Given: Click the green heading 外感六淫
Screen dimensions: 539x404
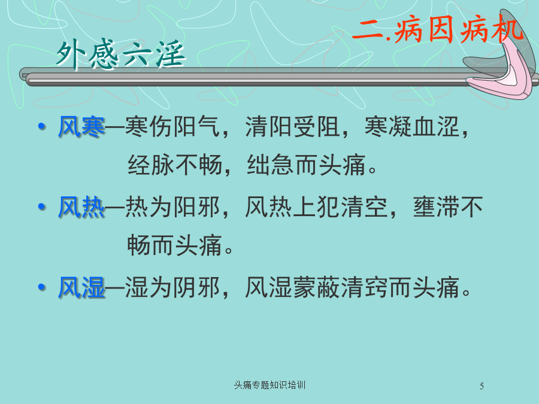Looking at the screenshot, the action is pos(120,54).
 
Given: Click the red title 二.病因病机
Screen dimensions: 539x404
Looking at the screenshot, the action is pos(437,31).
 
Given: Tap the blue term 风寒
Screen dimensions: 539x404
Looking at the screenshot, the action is pos(81,126).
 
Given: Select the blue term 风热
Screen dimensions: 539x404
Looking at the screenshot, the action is pos(81,207).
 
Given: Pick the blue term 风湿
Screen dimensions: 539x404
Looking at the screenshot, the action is pos(81,287).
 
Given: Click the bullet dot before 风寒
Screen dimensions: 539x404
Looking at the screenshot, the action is pos(42,126).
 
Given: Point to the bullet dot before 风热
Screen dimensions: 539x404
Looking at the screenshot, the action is pos(42,207).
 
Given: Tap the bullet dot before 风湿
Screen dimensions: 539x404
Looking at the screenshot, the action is pos(42,287).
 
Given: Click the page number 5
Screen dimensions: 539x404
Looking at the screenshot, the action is pos(482,386).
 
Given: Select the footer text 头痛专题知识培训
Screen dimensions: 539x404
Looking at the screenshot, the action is pos(269,385).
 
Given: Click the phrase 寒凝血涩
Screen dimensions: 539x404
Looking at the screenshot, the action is pos(412,126).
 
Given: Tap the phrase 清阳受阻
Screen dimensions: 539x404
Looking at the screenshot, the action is pos(292,126).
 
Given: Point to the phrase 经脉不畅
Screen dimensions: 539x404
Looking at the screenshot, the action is pos(175,165).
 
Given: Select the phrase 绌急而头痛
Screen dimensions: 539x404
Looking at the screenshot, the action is pos(306,165).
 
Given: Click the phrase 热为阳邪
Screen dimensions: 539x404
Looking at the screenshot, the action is pos(172,207).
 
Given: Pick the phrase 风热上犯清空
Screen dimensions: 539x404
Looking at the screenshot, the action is pos(316,207).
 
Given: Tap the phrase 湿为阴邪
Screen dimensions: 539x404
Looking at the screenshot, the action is pos(172,287).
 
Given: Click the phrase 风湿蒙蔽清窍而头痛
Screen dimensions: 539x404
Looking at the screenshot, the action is pos(352,287).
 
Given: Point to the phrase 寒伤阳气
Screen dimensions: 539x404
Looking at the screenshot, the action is pos(172,126).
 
